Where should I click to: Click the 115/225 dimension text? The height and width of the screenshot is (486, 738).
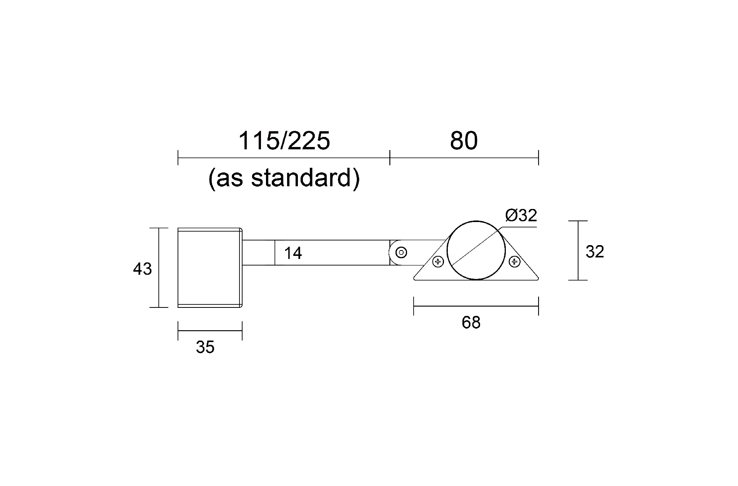(x=284, y=141)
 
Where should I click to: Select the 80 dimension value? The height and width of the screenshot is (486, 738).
(x=464, y=141)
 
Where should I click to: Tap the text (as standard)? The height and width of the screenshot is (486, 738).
(x=284, y=178)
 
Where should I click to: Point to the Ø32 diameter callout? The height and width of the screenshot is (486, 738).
(x=521, y=215)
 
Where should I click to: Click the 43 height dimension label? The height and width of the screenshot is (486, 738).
(x=142, y=269)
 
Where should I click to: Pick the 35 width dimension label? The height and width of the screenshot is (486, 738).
(x=205, y=347)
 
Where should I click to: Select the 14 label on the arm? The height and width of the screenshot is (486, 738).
(x=293, y=253)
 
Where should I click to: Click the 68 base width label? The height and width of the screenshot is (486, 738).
(x=471, y=322)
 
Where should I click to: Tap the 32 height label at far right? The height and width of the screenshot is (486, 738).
(x=595, y=252)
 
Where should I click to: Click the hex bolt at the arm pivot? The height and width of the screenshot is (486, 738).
(x=401, y=252)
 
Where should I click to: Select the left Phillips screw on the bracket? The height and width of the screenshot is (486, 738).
(x=438, y=262)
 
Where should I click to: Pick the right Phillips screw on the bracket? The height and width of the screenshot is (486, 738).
(x=514, y=262)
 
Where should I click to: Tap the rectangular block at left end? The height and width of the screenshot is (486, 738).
(x=209, y=268)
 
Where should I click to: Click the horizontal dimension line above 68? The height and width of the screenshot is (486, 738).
(x=476, y=306)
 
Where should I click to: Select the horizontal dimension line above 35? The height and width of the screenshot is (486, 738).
(x=210, y=331)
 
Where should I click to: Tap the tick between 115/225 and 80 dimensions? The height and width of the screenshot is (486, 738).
(x=390, y=158)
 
